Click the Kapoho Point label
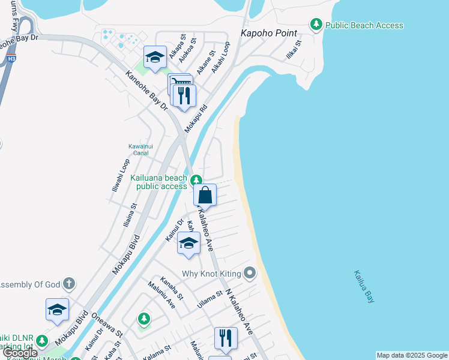pos(269,32)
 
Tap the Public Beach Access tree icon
pos(316,25)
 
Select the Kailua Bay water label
pos(364,287)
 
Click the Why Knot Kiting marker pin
pos(250,274)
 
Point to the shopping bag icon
pos(205,195)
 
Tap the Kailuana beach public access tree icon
pos(196,180)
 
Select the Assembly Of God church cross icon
pos(69,283)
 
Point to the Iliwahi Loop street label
pos(120,175)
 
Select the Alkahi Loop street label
pos(220,57)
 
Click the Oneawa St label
pos(107,325)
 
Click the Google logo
pos(20,353)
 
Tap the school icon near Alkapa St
pos(155,58)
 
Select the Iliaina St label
pos(130,214)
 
